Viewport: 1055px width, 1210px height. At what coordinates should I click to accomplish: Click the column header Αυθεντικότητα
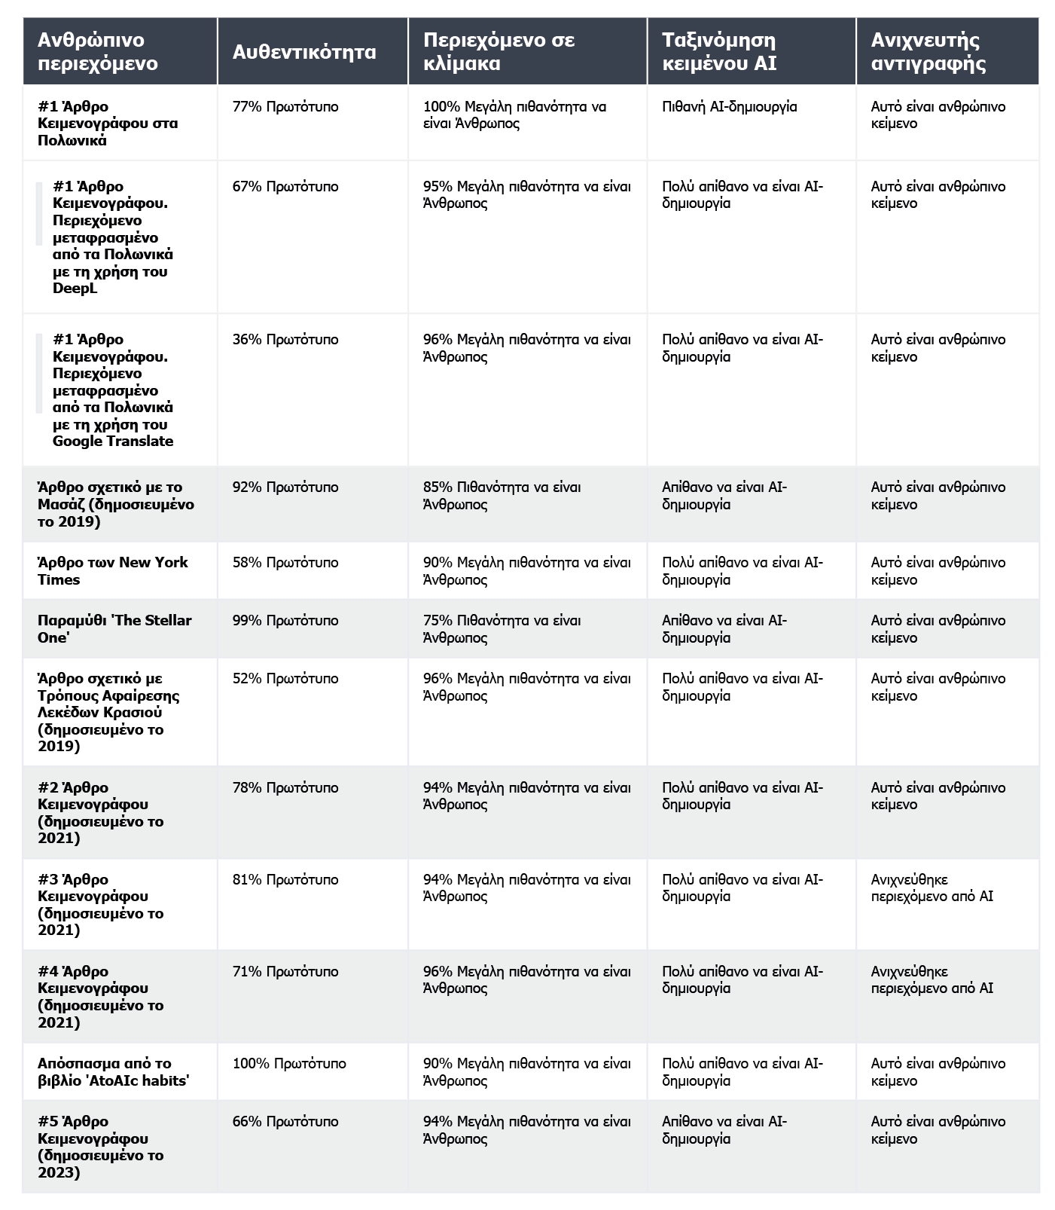303,52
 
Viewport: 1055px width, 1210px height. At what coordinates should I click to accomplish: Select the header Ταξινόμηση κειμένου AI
719,51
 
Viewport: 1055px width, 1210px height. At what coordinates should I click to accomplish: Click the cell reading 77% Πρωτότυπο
285,107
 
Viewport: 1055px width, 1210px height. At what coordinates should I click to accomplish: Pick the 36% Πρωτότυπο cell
285,340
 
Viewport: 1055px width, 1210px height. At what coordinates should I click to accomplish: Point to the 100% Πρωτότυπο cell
289,1064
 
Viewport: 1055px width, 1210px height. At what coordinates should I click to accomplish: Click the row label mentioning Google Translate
113,390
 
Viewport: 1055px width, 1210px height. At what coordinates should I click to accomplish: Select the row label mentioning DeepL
113,237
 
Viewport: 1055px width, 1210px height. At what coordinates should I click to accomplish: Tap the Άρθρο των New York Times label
113,571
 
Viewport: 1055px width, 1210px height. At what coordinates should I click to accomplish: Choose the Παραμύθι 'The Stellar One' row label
114,629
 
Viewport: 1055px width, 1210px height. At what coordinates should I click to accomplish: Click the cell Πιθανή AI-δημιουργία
729,107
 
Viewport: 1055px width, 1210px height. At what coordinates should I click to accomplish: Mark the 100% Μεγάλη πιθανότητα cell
514,115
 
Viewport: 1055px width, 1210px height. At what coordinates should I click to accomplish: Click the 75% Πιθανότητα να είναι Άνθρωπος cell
502,629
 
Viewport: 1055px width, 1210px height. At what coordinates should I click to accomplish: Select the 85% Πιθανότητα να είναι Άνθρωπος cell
502,496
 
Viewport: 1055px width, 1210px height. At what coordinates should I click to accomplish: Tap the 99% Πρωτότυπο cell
285,621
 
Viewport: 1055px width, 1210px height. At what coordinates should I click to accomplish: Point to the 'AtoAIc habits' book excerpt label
113,1072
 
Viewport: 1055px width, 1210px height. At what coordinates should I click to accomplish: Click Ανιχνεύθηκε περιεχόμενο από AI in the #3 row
932,888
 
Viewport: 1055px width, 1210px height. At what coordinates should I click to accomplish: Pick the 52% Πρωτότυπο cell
285,679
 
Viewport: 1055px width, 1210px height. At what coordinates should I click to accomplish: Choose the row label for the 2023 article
100,1147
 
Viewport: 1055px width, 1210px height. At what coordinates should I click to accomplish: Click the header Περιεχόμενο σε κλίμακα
499,51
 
